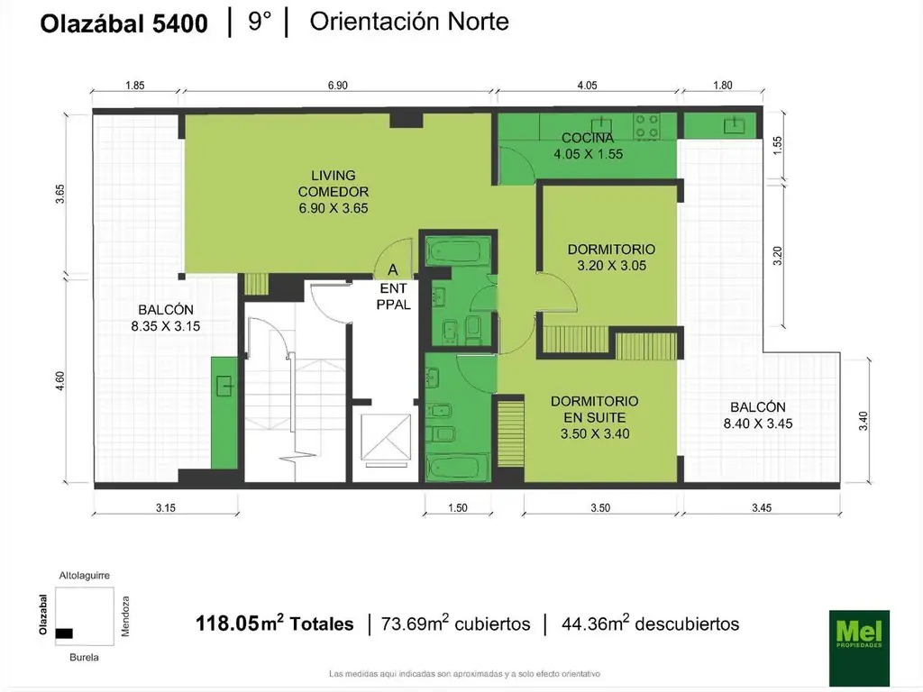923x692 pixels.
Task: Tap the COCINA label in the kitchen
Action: click(x=588, y=138)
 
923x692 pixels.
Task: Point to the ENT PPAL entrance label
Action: click(x=393, y=296)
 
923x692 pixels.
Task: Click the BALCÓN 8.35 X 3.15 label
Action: click(x=166, y=318)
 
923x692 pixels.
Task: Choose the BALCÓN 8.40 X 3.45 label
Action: click(x=757, y=414)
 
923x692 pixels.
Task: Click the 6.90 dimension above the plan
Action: click(x=338, y=86)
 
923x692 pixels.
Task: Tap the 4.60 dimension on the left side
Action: click(x=60, y=381)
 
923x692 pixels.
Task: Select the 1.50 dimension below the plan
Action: click(x=457, y=508)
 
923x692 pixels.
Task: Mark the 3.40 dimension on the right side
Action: click(x=863, y=421)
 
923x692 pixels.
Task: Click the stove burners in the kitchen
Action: click(x=646, y=126)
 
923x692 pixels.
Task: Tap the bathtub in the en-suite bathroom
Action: click(x=457, y=468)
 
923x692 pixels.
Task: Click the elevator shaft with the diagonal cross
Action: click(x=386, y=437)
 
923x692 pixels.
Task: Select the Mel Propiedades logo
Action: click(x=859, y=648)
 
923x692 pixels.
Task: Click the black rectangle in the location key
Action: click(x=64, y=633)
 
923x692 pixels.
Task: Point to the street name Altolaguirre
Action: click(x=84, y=576)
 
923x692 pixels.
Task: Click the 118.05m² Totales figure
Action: click(x=274, y=624)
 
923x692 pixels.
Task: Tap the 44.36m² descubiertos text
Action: click(x=651, y=624)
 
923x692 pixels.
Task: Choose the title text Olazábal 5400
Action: click(x=123, y=23)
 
